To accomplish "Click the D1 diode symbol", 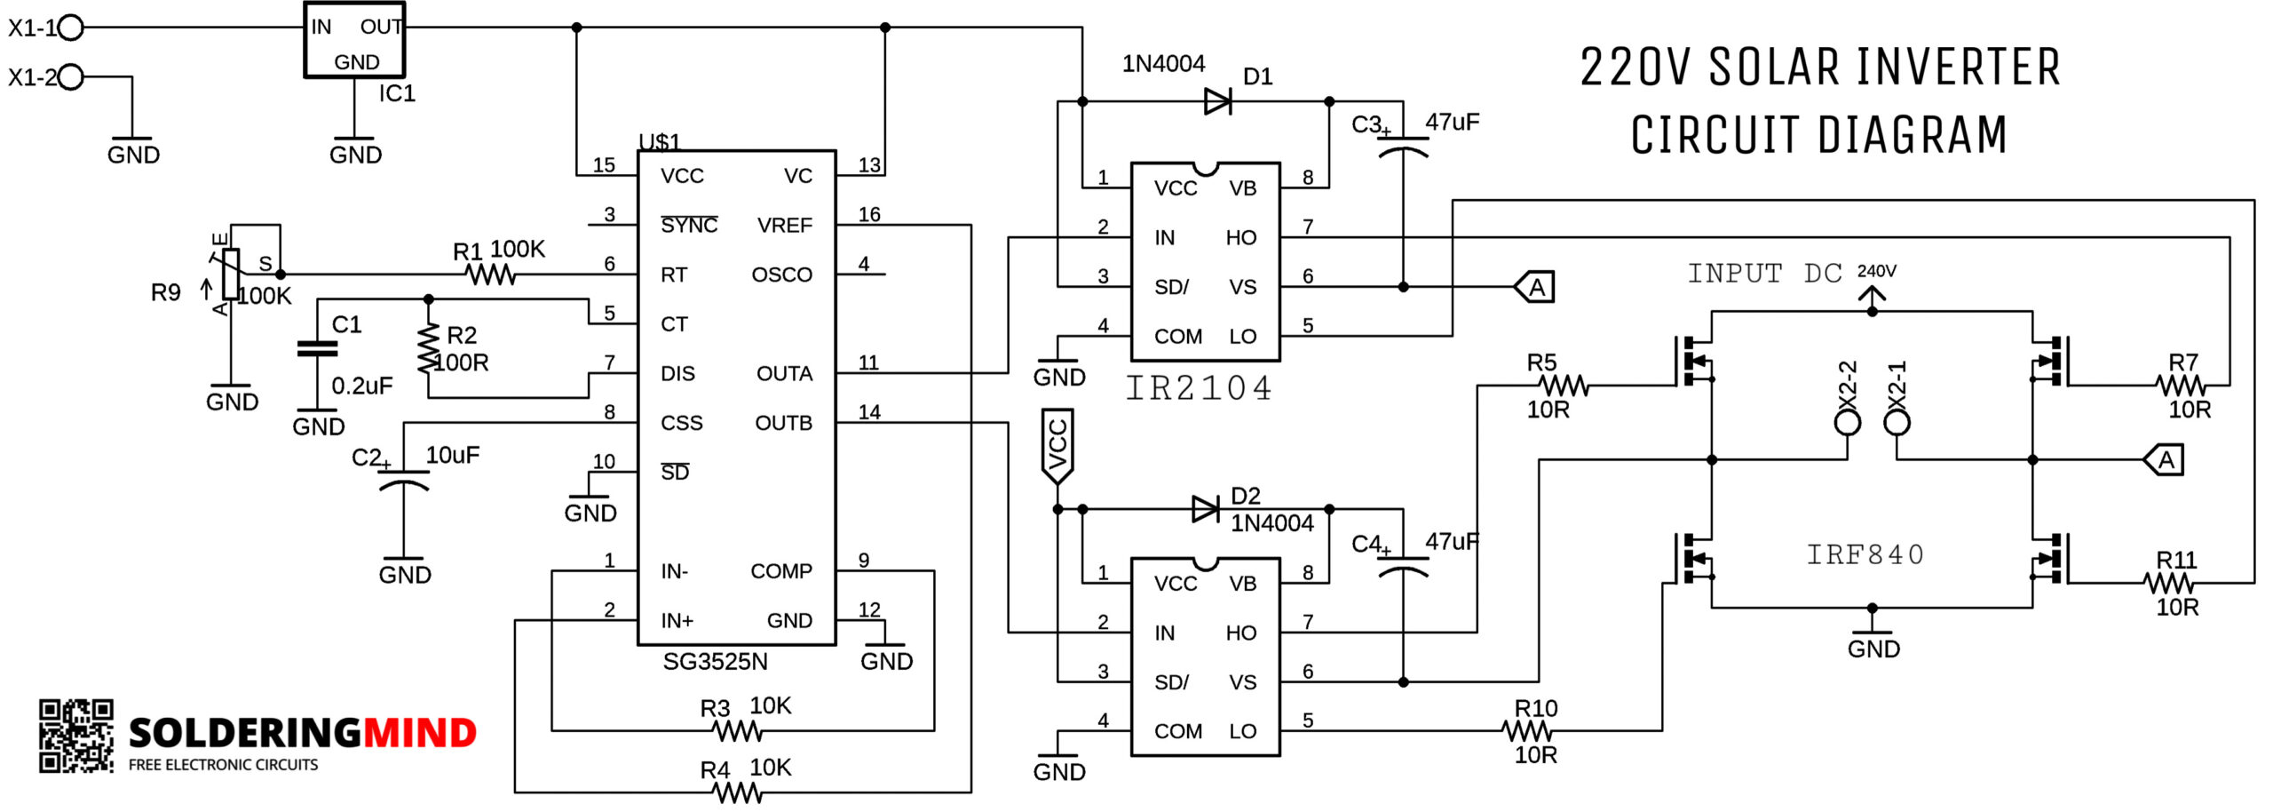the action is (1218, 101).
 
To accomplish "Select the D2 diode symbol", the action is (1206, 509).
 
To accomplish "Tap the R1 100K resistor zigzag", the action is (492, 275).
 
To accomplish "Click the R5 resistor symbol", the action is (1564, 386).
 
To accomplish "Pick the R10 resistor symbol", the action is (1527, 731).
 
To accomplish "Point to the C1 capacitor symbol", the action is (317, 348).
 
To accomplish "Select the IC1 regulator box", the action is (354, 40).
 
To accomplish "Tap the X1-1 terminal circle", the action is (71, 28).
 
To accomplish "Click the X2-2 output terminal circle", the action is (1848, 422).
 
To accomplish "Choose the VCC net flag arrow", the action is (1057, 446).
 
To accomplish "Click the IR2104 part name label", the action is (1199, 388).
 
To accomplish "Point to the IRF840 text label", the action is (1865, 554).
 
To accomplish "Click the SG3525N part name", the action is (715, 661).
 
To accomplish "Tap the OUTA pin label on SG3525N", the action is (784, 373).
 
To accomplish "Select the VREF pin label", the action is (784, 226).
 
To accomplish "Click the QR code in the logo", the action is (76, 736).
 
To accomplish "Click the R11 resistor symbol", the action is (2169, 583).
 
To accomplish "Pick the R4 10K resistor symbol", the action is (738, 792).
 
